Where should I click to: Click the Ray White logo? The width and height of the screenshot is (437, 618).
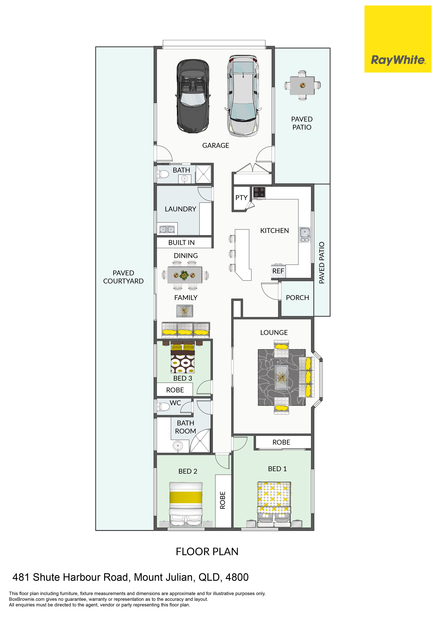(x=398, y=39)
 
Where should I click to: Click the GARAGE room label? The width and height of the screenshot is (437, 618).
(x=216, y=146)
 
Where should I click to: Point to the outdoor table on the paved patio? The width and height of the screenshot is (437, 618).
(x=302, y=86)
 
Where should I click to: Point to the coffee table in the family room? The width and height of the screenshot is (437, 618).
(x=185, y=311)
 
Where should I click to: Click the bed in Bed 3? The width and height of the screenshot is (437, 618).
(x=183, y=357)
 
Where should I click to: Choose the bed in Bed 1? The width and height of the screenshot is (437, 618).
(x=274, y=504)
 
